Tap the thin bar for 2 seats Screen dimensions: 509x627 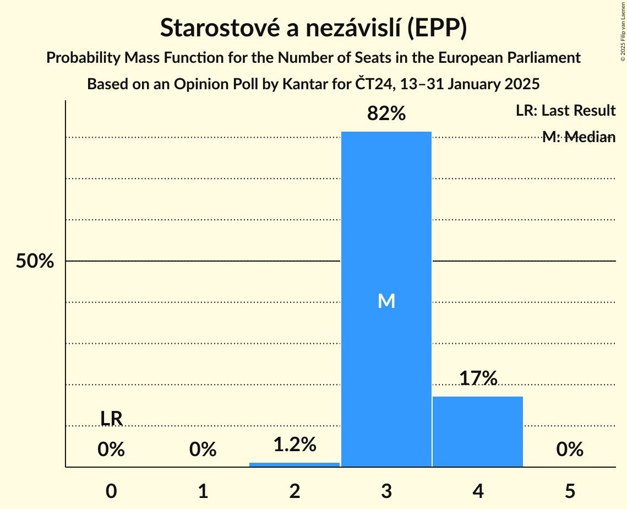pyautogui.click(x=295, y=464)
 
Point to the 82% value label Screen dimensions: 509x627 pyautogui.click(x=386, y=113)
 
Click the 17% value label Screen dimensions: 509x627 pyautogui.click(x=478, y=378)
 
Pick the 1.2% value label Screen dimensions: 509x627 pyautogui.click(x=295, y=444)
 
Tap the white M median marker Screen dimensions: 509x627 pyautogui.click(x=386, y=301)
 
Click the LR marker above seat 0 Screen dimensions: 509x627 pyautogui.click(x=111, y=419)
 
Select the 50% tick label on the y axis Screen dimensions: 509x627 pyautogui.click(x=35, y=261)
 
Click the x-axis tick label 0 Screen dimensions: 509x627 pyautogui.click(x=111, y=491)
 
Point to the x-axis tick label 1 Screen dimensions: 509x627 pyautogui.click(x=203, y=491)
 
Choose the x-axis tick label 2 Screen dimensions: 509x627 pyautogui.click(x=295, y=491)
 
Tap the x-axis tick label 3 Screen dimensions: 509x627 pyautogui.click(x=386, y=491)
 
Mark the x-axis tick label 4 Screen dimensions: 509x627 pyautogui.click(x=478, y=491)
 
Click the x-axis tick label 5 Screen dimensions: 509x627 pyautogui.click(x=570, y=491)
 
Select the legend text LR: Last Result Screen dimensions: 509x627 pyautogui.click(x=565, y=111)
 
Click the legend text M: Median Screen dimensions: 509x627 pyautogui.click(x=579, y=137)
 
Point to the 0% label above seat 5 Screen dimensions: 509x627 pyautogui.click(x=570, y=450)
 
